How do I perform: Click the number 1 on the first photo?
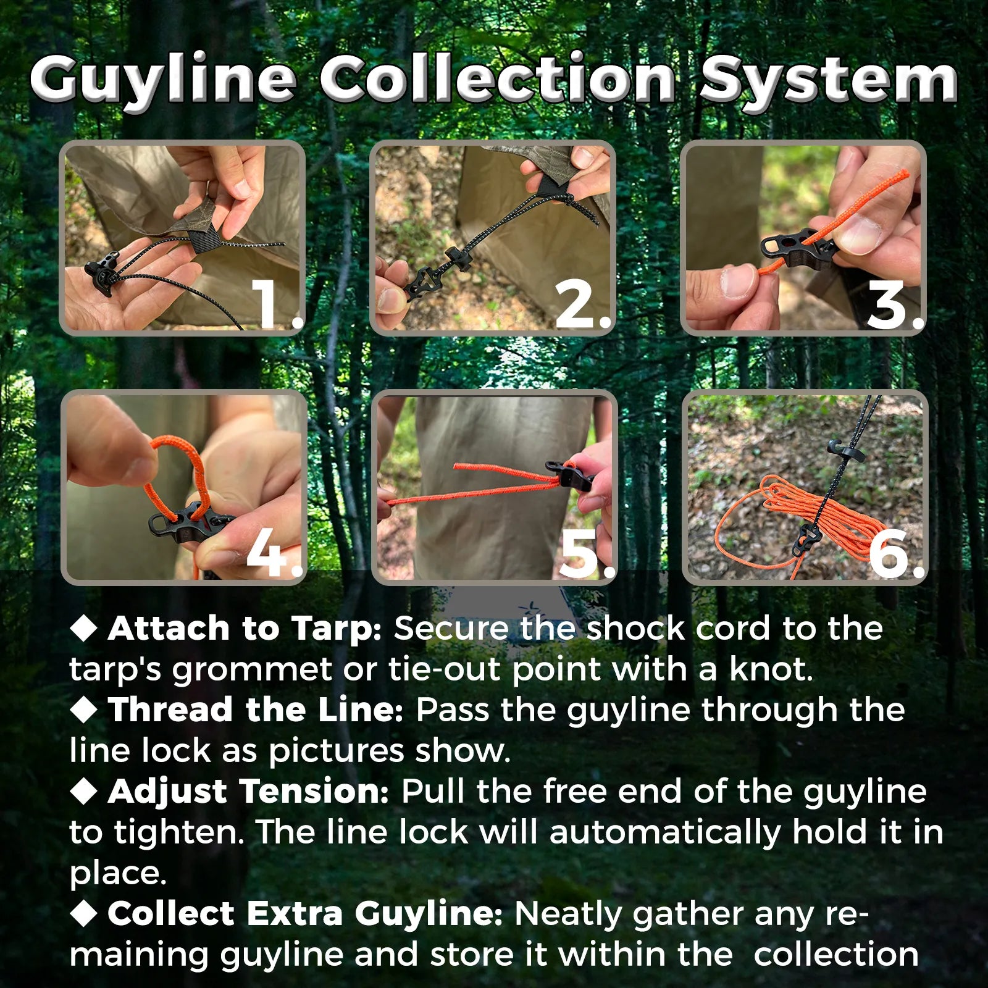coord(272,304)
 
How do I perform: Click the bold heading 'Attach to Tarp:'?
coord(245,629)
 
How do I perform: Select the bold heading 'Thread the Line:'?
coord(256,710)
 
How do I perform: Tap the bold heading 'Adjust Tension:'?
coord(248,792)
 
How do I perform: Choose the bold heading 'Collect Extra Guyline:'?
coord(305,914)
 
